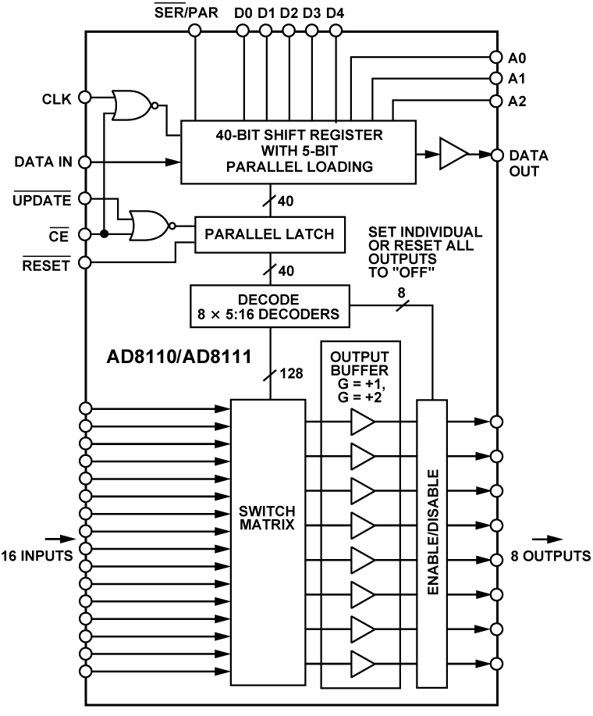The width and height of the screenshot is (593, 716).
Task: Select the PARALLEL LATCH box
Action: click(270, 233)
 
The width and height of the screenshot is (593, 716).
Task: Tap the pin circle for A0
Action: click(495, 57)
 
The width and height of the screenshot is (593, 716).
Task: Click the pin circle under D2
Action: click(289, 30)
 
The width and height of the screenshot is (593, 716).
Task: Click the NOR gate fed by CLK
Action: click(132, 105)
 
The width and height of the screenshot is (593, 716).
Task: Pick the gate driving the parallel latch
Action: click(149, 226)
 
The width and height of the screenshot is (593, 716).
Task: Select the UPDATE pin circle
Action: click(85, 198)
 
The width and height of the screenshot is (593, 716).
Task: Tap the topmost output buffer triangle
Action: click(362, 422)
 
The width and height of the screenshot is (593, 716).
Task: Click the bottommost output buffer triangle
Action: click(362, 664)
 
